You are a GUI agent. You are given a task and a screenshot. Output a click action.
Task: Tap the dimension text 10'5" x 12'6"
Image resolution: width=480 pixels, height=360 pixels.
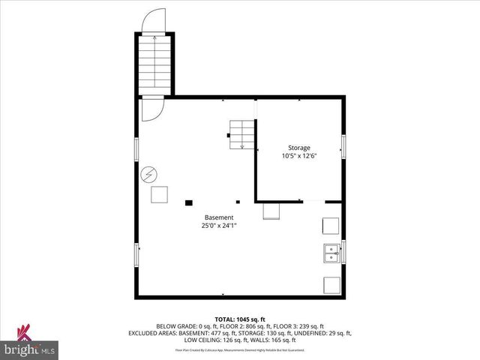pos(299,157)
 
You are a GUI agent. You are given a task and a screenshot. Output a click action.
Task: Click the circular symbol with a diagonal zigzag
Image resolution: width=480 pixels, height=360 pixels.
pos(148,174)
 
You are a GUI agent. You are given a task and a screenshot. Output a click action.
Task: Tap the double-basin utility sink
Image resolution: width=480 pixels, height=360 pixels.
pos(331,253)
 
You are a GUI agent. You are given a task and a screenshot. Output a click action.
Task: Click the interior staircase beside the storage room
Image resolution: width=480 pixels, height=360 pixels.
pos(241,134)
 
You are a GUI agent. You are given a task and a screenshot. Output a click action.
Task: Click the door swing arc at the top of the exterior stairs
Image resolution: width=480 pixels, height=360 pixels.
pos(154,21)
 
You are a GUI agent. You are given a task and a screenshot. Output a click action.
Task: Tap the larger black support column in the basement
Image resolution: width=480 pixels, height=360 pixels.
pos(188,202)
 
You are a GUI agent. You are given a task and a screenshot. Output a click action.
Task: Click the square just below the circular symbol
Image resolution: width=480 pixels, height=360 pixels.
pos(160,195)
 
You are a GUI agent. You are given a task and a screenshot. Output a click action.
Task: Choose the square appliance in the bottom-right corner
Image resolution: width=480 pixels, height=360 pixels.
pos(330,284)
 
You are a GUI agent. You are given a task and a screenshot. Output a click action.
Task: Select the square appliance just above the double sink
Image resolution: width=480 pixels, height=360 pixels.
pos(330,226)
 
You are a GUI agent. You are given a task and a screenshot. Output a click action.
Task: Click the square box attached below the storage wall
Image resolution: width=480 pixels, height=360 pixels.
pos(271,211)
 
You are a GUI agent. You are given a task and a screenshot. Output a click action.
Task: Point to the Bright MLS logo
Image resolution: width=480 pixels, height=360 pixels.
pos(30,346)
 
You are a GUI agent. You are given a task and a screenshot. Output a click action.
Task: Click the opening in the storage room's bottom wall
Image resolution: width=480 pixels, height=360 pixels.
pos(313,201)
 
